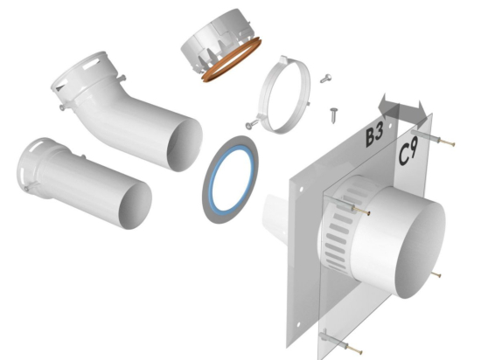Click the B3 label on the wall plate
[x=374, y=135]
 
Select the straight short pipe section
[x=83, y=183]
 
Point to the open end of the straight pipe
[x=136, y=206]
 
